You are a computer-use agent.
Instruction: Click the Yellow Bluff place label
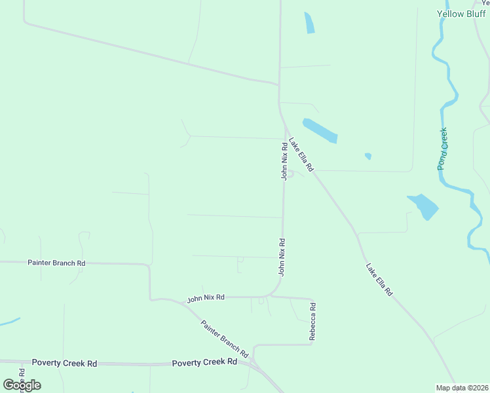pos(461,14)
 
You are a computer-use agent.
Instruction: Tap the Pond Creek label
pos(443,149)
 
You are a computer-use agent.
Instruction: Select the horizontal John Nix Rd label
pos(206,298)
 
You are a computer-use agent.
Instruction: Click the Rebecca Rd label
pos(313,321)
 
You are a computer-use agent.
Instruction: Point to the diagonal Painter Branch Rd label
pos(225,338)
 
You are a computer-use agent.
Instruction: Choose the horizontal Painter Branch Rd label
pos(56,263)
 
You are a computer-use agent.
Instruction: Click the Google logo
pos(22,385)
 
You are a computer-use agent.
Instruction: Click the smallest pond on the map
pos(368,156)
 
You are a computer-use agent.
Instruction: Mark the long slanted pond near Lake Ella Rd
pos(320,130)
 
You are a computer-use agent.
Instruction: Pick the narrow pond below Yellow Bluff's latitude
pos(309,23)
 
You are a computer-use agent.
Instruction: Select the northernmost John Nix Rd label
pos(284,161)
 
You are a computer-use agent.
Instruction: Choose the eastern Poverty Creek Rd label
pos(204,362)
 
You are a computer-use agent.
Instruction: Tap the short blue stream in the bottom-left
pos(9,322)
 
